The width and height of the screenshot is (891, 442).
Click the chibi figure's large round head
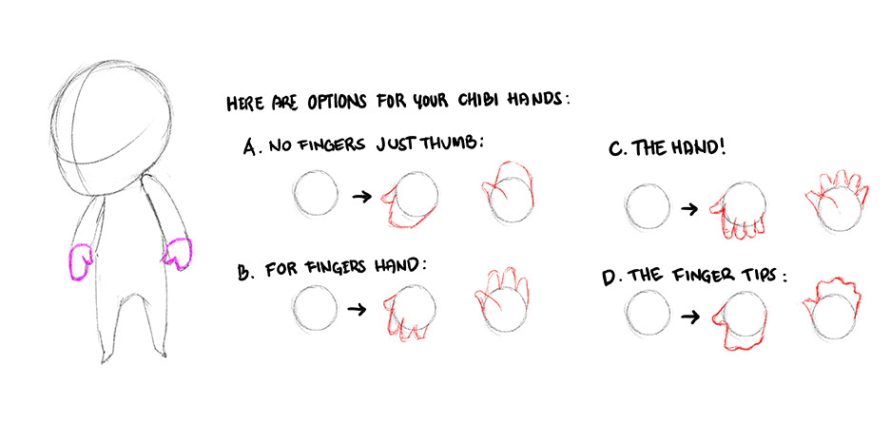pos(111,126)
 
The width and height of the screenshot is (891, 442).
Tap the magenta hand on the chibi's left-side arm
pos(80,261)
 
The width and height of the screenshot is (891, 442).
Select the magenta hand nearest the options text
pos(178,254)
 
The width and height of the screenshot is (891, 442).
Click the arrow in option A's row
pos(361,197)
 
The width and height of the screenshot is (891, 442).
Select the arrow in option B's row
pos(358,309)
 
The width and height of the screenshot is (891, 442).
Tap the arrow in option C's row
pos(689,209)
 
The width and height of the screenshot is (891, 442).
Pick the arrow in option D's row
pos(690,317)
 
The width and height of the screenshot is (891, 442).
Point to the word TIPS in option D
pos(759,276)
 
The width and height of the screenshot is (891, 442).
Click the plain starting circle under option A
pos(316,194)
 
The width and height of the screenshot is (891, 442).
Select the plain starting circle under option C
pos(647,207)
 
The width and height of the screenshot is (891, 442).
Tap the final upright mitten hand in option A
pos(508,194)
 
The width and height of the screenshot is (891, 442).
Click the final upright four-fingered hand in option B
pos(502,300)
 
